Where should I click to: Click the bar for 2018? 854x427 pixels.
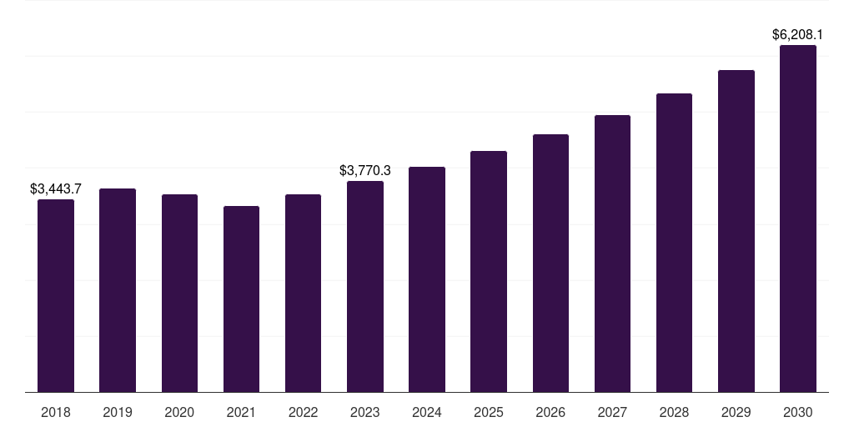point(56,295)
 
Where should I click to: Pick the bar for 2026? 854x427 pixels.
point(550,263)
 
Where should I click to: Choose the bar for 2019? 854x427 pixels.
point(118,290)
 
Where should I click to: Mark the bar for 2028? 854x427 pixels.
point(674,243)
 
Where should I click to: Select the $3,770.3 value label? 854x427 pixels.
point(365,171)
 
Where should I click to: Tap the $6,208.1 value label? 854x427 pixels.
point(798,35)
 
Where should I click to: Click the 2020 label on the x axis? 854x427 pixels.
point(179,412)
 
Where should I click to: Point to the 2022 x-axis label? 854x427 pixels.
point(303,412)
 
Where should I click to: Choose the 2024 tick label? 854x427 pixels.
point(427,412)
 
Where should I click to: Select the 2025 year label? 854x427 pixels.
point(489,412)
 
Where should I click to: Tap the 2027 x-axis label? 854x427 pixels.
point(612,412)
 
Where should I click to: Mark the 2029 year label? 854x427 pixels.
point(736,412)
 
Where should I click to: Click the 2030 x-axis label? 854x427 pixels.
point(798,412)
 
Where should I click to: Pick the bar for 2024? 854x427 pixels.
point(427,279)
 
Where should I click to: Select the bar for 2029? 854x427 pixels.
point(736,231)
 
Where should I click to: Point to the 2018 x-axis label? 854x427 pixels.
point(56,412)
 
